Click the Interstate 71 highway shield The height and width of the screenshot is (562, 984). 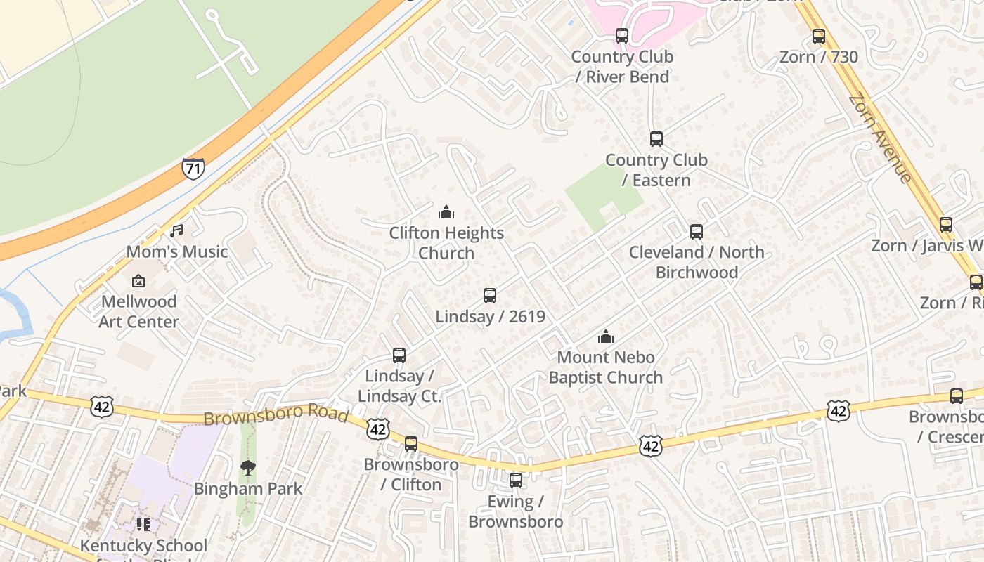(193, 169)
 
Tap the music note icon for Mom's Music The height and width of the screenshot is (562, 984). (176, 230)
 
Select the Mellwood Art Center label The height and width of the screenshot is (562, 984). (138, 311)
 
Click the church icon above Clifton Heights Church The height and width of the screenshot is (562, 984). (446, 212)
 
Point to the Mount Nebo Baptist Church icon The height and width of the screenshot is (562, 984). (605, 336)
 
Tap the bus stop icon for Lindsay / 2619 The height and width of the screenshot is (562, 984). (490, 296)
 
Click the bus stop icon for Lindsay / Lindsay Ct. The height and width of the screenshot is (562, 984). (399, 355)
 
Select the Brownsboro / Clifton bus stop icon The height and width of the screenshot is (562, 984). (411, 444)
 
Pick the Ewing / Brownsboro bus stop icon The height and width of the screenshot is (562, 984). (516, 481)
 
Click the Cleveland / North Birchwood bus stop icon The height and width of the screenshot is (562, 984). (696, 231)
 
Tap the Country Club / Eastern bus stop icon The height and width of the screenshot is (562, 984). (656, 139)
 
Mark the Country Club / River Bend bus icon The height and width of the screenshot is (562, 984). (621, 36)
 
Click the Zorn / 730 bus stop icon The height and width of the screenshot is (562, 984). (818, 37)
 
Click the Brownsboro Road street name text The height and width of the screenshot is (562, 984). (276, 414)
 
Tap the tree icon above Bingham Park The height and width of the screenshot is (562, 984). (247, 468)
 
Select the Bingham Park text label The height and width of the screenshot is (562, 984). (248, 488)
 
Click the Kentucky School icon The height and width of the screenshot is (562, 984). (143, 525)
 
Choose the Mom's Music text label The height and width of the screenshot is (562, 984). (177, 251)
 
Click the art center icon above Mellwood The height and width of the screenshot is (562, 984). (138, 281)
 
